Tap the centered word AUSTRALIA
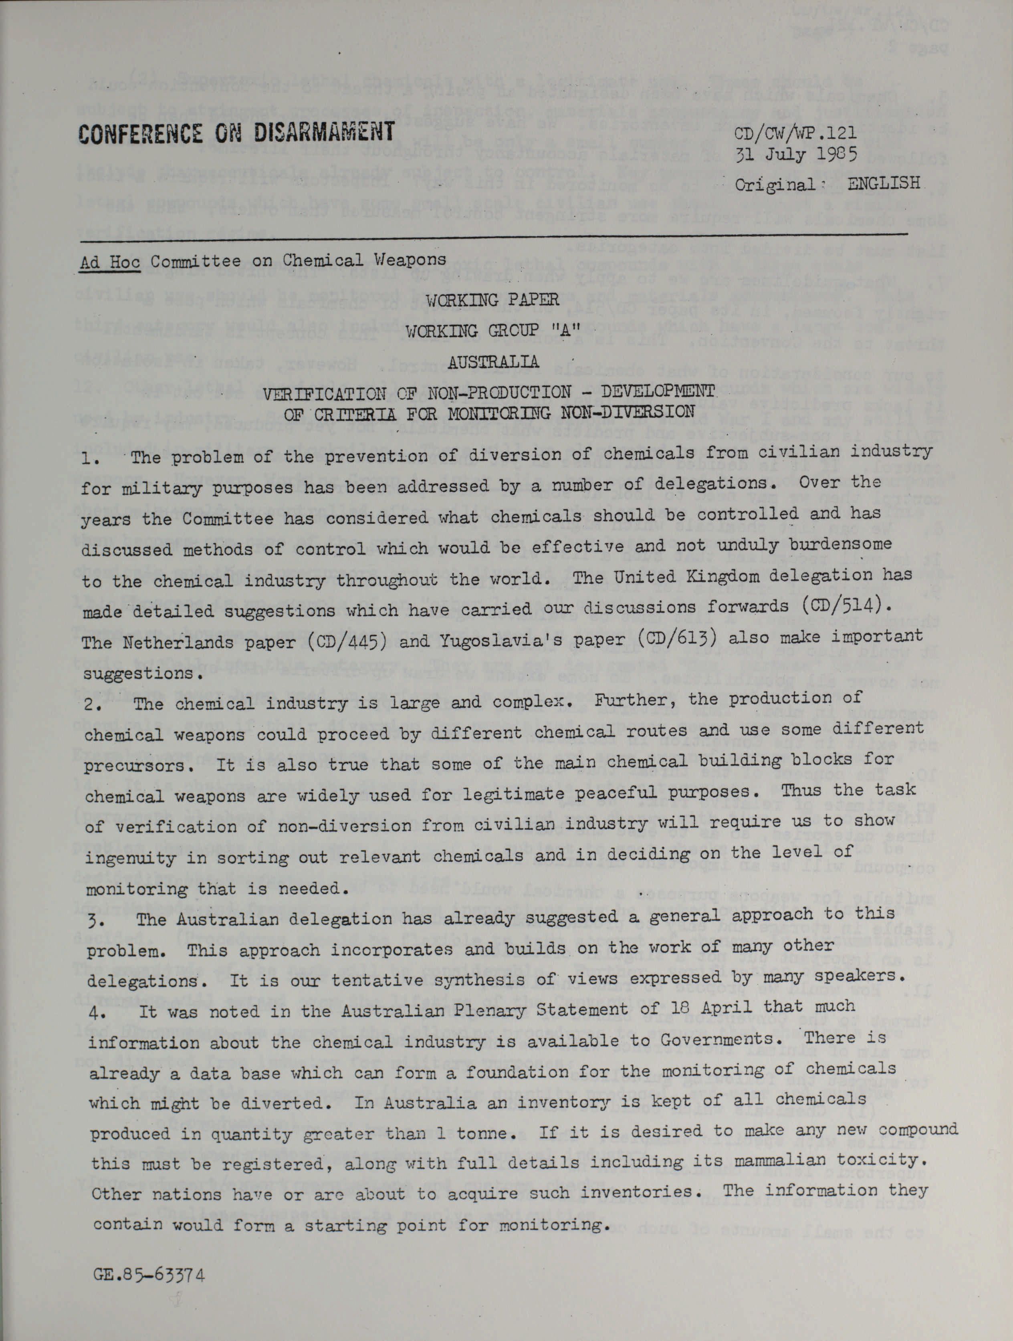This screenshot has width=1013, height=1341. click(493, 363)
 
